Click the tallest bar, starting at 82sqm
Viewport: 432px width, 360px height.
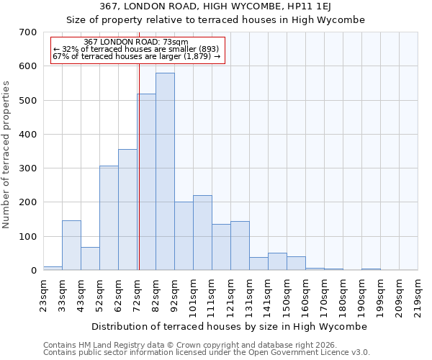pos(165,171)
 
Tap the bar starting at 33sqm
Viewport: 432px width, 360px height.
pos(71,246)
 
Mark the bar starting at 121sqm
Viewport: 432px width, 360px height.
pos(240,246)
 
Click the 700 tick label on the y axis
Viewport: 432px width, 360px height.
pos(28,32)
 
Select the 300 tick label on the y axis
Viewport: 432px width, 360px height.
pos(28,168)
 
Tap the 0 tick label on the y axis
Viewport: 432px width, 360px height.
pos(33,271)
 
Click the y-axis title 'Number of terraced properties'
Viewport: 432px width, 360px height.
pos(6,155)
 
